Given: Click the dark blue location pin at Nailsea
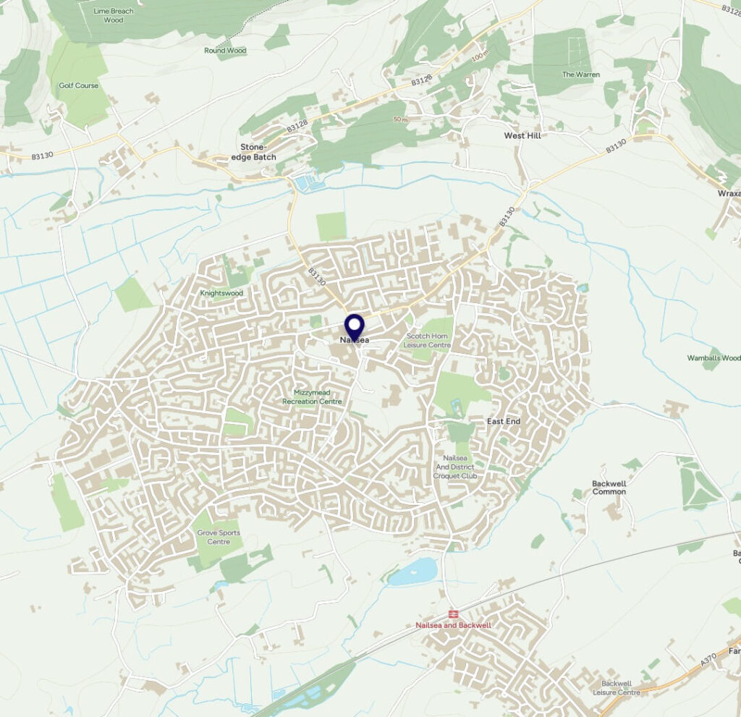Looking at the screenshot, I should tap(353, 326).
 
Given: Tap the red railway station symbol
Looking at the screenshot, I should tap(453, 614).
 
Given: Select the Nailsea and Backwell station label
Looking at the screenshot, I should tap(453, 625).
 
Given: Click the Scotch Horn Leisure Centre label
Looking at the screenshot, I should tap(428, 341).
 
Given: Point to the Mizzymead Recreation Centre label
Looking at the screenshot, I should tap(312, 396).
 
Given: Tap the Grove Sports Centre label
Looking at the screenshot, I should tap(219, 537).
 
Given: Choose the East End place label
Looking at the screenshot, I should tap(504, 421).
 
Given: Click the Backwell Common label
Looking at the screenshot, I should tap(609, 487).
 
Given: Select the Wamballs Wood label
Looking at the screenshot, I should tap(714, 358).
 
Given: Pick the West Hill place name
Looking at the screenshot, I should tap(522, 135).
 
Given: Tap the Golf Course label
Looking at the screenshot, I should tap(78, 85).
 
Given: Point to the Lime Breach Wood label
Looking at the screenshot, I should tap(113, 15).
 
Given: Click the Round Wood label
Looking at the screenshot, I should tap(225, 51).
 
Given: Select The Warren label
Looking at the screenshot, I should tap(581, 75).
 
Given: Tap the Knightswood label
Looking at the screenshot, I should tap(221, 293).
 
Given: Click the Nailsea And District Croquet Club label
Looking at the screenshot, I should tap(455, 467).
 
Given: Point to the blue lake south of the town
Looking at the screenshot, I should tap(413, 571).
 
